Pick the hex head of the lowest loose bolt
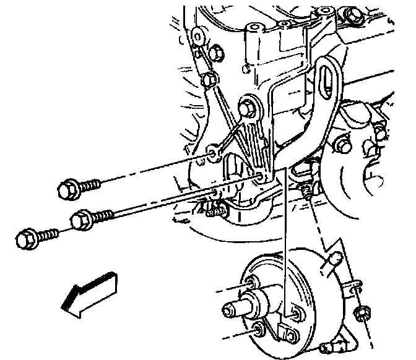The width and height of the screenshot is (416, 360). click(26, 238)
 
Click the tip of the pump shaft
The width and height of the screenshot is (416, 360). click(228, 307)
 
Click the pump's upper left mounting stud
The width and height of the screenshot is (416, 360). click(250, 284)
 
